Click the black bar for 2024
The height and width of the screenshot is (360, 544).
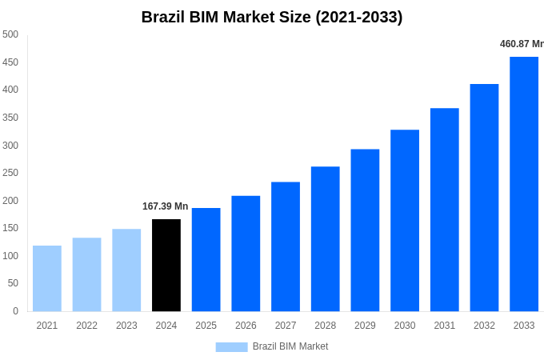[166, 265]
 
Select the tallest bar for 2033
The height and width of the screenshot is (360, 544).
[524, 184]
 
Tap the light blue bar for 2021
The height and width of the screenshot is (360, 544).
[47, 278]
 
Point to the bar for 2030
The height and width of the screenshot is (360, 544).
[405, 220]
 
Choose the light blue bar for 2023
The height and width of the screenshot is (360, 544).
[126, 270]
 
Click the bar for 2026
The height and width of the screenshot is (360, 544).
[246, 253]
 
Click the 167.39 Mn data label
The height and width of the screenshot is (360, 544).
[165, 206]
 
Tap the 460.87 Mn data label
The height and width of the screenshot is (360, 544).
[521, 44]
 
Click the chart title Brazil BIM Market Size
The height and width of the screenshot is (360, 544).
[272, 17]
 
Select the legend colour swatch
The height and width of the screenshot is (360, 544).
[231, 346]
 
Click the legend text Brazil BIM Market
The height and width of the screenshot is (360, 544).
[290, 346]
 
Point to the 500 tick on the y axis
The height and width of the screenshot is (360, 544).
[10, 34]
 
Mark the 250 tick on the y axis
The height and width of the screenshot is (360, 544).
[10, 173]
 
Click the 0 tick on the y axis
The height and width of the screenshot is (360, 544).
[15, 311]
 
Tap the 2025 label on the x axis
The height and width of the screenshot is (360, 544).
[206, 326]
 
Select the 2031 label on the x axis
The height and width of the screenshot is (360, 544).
[445, 326]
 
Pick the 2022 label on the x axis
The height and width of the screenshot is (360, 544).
[86, 326]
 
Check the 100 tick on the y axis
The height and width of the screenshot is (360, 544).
[10, 256]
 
